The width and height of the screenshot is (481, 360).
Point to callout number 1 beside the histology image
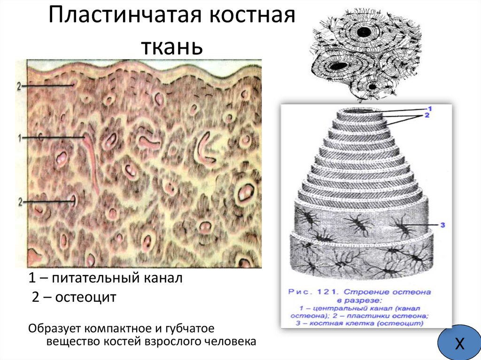click(20, 138)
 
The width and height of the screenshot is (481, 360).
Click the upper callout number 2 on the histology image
click(19, 86)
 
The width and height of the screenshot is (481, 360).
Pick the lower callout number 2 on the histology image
click(20, 202)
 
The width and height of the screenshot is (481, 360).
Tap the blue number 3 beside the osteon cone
click(442, 225)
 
